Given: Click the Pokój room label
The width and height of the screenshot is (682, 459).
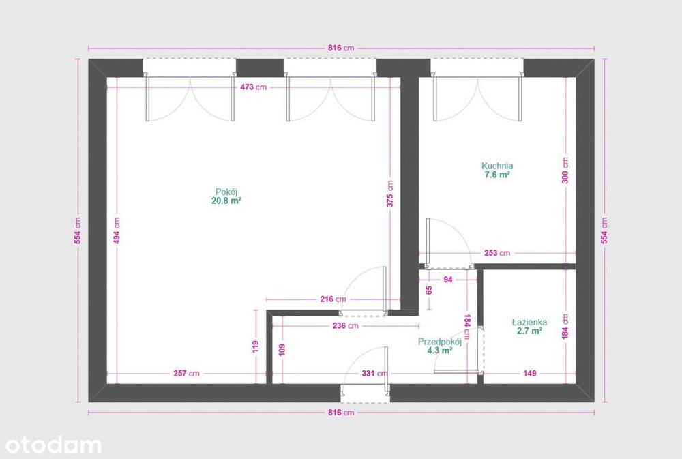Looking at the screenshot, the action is [x=226, y=192].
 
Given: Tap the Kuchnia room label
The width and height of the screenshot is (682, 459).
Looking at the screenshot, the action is [x=497, y=166].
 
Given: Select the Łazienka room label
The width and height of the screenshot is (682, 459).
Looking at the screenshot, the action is [x=529, y=323].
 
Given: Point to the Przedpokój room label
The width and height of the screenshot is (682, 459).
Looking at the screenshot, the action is [x=440, y=342].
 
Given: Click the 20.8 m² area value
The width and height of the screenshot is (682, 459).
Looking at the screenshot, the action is [x=226, y=201].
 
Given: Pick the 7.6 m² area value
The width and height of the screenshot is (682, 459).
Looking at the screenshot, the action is [x=497, y=175].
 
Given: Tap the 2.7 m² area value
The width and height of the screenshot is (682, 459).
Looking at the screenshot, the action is [x=529, y=331].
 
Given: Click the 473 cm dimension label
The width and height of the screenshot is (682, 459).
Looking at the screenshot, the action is [x=253, y=87].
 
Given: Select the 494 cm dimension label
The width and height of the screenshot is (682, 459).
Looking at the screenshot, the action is [x=117, y=231].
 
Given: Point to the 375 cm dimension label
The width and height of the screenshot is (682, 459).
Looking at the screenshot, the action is [x=390, y=194].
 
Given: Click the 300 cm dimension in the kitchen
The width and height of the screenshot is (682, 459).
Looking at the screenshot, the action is [x=565, y=171].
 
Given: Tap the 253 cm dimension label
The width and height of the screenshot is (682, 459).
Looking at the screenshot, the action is [x=497, y=253].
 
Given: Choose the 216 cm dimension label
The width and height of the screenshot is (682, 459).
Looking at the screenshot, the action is [x=333, y=299].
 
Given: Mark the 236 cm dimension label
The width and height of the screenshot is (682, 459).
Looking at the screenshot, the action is [x=345, y=326].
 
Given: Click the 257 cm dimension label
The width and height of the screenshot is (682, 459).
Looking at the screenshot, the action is [x=186, y=373].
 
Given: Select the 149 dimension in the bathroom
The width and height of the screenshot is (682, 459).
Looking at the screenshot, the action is [x=530, y=373].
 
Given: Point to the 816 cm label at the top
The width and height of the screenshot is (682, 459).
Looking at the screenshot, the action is [x=341, y=48].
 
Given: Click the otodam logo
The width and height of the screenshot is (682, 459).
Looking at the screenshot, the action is [x=53, y=445].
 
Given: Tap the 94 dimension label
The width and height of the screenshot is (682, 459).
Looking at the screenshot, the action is [x=448, y=280].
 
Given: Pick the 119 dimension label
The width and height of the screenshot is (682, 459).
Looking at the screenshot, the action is [x=256, y=346].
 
